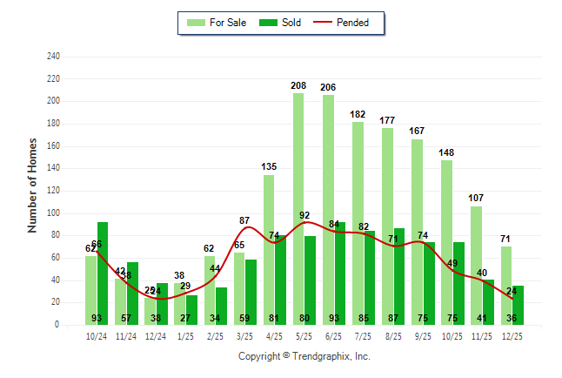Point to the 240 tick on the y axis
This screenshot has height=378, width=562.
tap(53, 57)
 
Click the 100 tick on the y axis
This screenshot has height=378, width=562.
tap(53, 213)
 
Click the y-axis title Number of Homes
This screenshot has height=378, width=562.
tap(33, 185)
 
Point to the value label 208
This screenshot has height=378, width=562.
tap(298, 86)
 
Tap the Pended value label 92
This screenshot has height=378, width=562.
tap(304, 215)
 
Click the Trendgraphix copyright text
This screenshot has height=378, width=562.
tap(304, 356)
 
